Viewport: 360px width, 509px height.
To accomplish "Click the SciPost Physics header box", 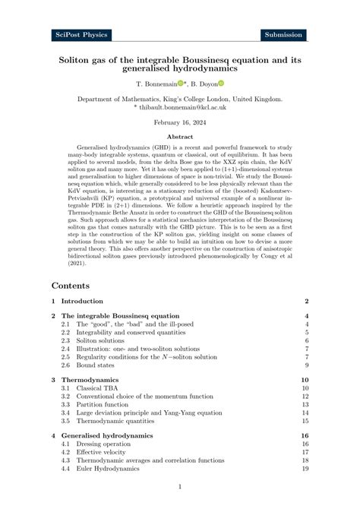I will click(82, 35).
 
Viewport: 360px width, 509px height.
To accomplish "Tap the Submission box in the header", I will click(284, 35).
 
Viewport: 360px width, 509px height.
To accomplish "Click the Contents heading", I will click(71, 286).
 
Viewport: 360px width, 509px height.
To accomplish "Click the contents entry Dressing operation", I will click(101, 443).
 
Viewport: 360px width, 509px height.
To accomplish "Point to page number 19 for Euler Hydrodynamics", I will click(304, 469).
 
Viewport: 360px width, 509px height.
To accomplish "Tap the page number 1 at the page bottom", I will click(179, 486).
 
